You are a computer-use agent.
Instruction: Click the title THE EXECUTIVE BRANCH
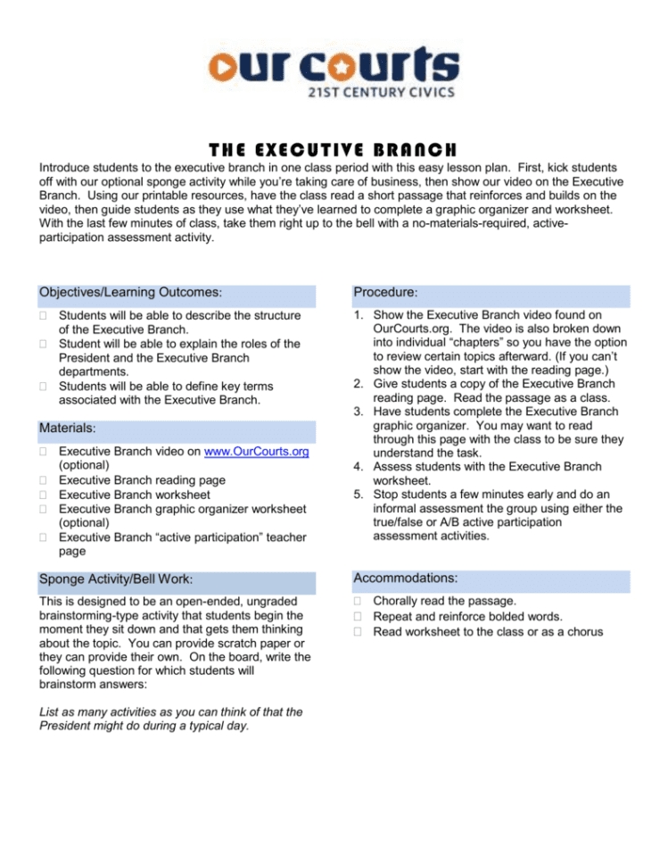(334, 148)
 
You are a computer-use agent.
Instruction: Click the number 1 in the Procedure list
(359, 315)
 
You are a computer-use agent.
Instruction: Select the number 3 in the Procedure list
(359, 410)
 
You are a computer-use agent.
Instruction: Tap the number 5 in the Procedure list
(359, 494)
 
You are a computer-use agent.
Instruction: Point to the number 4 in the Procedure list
(359, 466)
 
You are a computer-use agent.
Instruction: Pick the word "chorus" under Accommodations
(581, 632)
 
